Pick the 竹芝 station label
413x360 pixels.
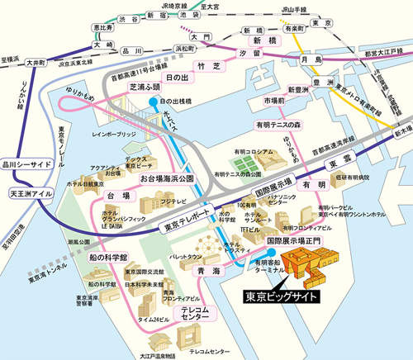pyautogui.click(x=206, y=64)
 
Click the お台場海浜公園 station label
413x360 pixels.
pyautogui.click(x=166, y=178)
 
